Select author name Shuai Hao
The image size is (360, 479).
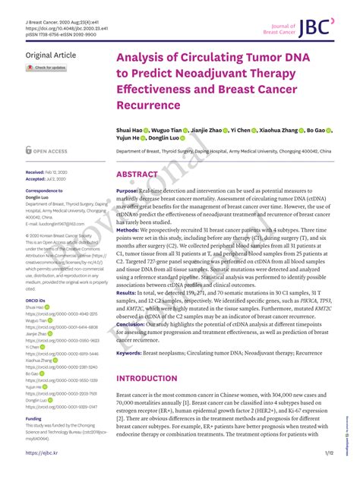131,131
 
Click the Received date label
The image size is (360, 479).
35,172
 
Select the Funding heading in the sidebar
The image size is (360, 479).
33,418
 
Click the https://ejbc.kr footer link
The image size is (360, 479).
42,453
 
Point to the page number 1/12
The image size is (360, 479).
328,453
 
